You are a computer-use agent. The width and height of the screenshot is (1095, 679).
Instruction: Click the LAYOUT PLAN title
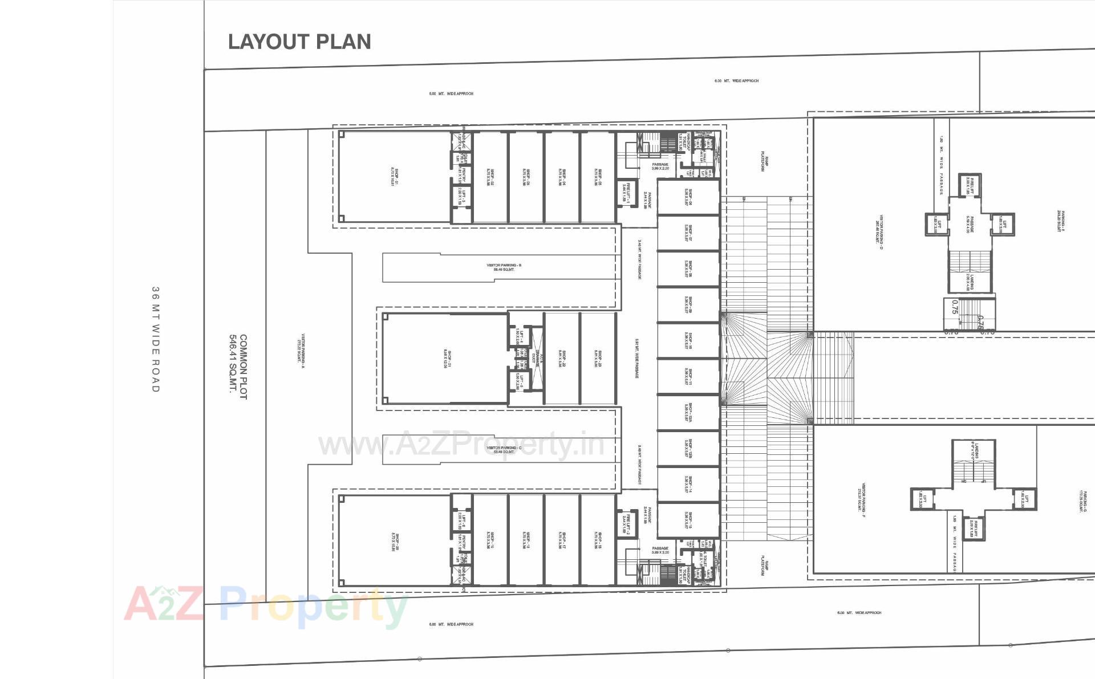[x=299, y=42]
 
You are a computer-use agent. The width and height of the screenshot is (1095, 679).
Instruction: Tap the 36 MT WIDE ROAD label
[x=155, y=339]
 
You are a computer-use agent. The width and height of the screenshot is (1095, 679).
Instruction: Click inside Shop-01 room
[x=395, y=177]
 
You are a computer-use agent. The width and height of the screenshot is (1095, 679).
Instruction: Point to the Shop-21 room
[x=445, y=358]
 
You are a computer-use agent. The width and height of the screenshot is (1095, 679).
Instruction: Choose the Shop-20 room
[x=395, y=540]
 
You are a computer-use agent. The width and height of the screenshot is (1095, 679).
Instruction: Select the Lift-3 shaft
[x=463, y=197]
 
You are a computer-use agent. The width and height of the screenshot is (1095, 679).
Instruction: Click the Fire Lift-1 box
[x=627, y=193]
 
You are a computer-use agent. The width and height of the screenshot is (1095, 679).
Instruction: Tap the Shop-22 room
[x=562, y=358]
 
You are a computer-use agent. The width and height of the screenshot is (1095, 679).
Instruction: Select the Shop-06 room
[x=688, y=197]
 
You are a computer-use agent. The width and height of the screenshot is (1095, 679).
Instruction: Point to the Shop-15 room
[x=688, y=520]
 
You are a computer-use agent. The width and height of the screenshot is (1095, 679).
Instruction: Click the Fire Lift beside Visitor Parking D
[x=970, y=185]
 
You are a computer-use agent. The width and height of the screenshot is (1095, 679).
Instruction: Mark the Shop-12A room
[x=688, y=412]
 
